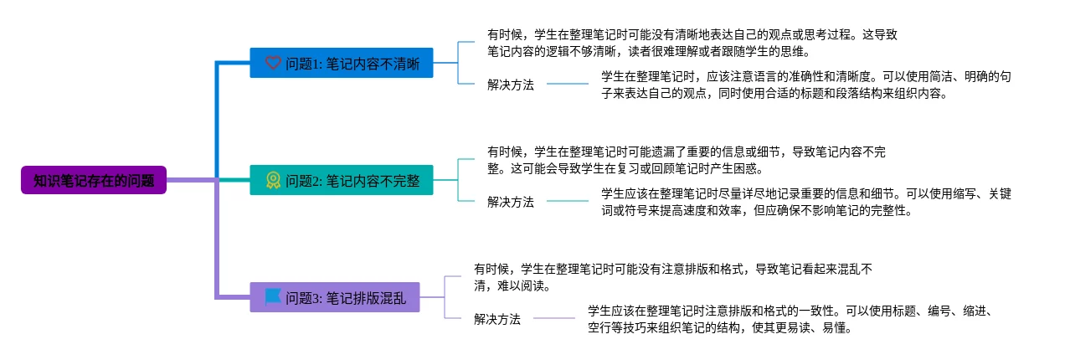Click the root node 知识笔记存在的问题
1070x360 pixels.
pyautogui.click(x=94, y=180)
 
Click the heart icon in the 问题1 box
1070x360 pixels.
pyautogui.click(x=273, y=63)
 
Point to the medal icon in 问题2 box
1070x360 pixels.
pyautogui.click(x=273, y=180)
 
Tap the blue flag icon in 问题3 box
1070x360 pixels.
pyautogui.click(x=273, y=297)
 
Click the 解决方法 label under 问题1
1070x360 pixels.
pyautogui.click(x=511, y=85)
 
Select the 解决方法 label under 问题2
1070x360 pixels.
pyautogui.click(x=511, y=202)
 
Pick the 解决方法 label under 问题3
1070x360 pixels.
pyautogui.click(x=497, y=319)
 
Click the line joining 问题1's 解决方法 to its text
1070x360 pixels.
pyautogui.click(x=568, y=85)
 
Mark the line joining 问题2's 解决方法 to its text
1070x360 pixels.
pyautogui.click(x=568, y=201)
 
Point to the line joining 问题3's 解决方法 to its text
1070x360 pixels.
pyautogui.click(x=554, y=318)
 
